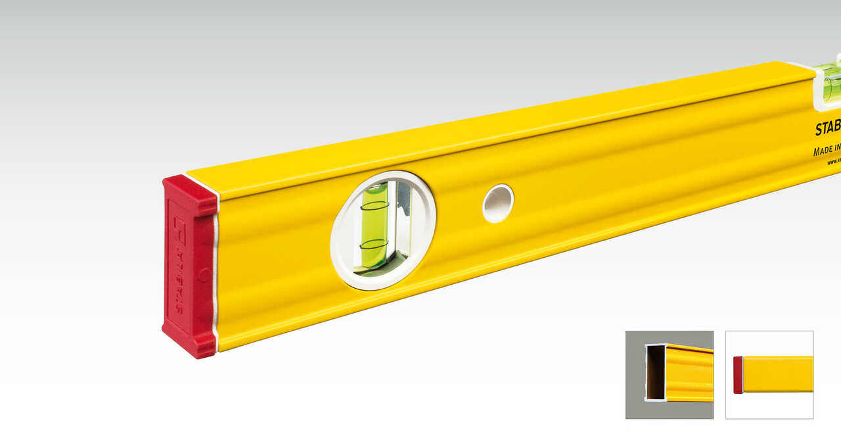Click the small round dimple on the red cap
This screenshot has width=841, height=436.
click(204, 275)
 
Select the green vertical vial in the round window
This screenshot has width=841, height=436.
click(375, 227)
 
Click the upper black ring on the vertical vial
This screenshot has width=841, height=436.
click(375, 206)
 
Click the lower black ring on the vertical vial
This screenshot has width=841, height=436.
click(374, 244)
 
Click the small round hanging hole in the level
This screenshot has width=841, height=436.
click(498, 203)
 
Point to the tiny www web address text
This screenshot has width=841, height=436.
click(833, 161)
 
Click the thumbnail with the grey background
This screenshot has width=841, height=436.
click(669, 374)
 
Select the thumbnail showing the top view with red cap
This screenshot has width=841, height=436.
click(769, 374)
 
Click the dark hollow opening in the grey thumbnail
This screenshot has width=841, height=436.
click(655, 372)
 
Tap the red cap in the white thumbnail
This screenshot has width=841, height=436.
click(738, 375)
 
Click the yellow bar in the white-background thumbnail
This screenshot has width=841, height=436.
click(778, 374)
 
